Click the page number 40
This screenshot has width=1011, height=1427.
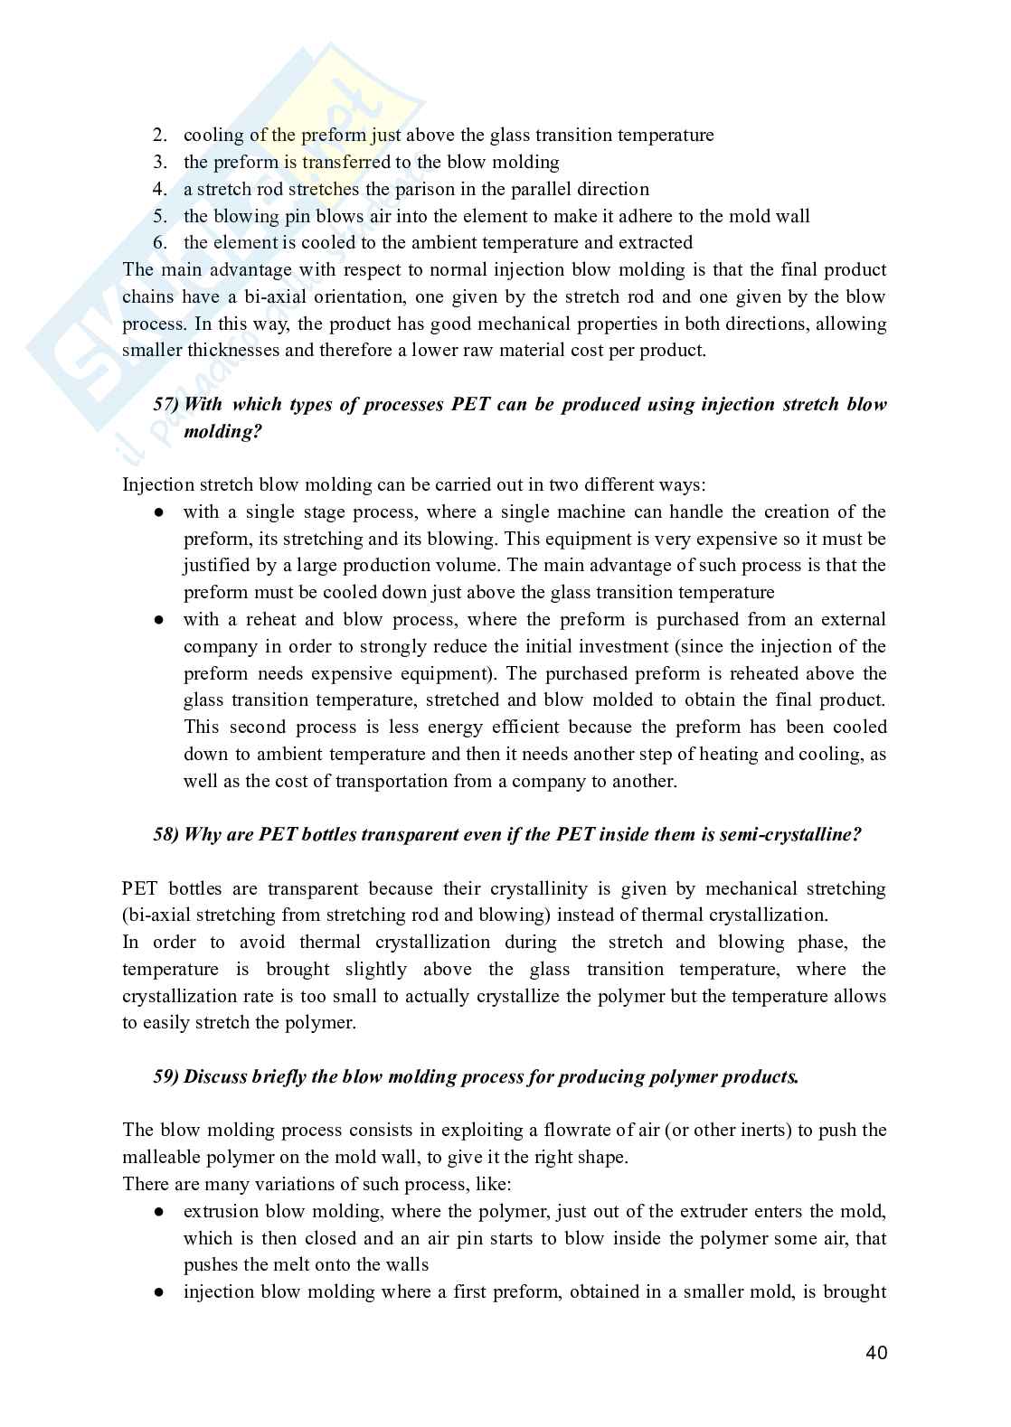875,1352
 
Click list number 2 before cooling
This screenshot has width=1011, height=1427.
160,136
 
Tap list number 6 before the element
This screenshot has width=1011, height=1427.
160,243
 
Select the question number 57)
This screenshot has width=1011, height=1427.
165,405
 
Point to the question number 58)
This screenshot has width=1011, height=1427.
165,835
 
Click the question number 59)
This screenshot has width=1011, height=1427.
165,1077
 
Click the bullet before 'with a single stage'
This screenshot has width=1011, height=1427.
158,512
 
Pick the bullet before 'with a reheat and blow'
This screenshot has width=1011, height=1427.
158,620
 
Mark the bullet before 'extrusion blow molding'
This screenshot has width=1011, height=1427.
158,1212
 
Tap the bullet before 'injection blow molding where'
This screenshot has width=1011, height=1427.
158,1292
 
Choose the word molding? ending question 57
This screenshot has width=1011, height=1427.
222,432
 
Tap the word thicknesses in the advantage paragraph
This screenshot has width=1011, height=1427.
233,351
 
